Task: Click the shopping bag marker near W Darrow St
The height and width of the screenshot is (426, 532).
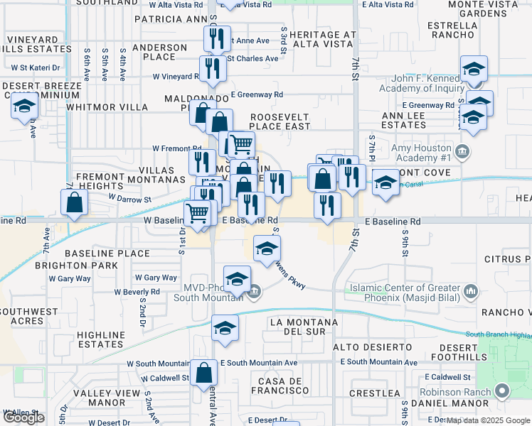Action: pyautogui.click(x=75, y=203)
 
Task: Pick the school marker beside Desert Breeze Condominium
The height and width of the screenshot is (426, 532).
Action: pyautogui.click(x=25, y=106)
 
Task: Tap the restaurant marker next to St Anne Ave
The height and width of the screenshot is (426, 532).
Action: pyautogui.click(x=216, y=38)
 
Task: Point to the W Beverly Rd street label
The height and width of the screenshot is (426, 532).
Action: pyautogui.click(x=137, y=292)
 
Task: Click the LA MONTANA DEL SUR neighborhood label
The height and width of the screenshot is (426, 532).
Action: pyautogui.click(x=307, y=327)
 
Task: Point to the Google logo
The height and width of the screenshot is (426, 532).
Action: pyautogui.click(x=23, y=417)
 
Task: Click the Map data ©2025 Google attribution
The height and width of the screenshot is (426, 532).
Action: pyautogui.click(x=486, y=420)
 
